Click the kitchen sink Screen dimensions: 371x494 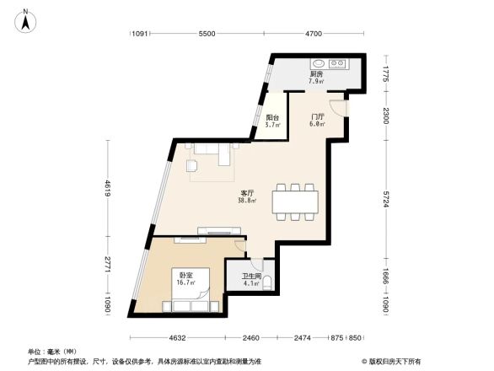pyautogui.click(x=319, y=63)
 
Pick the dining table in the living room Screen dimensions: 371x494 pyautogui.click(x=295, y=201)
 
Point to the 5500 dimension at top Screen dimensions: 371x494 pyautogui.click(x=207, y=34)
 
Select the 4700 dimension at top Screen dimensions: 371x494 pyautogui.click(x=314, y=34)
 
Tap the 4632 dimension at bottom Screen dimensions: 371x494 pyautogui.click(x=175, y=338)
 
